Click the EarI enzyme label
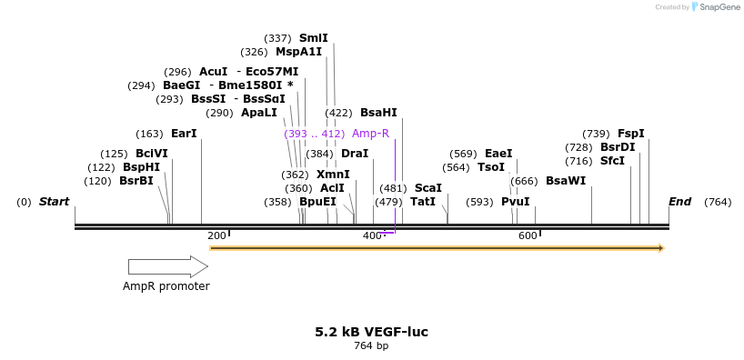(x=184, y=134)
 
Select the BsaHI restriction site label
(x=378, y=113)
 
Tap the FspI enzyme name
(x=630, y=134)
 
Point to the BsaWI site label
(x=566, y=181)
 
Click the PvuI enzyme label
(x=515, y=202)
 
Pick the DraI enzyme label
(x=355, y=154)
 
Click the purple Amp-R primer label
(x=370, y=134)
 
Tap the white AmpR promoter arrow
(x=167, y=266)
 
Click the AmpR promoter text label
(x=166, y=286)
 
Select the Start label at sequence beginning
(x=54, y=202)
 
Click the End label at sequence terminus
(x=679, y=202)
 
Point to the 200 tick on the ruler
(x=216, y=236)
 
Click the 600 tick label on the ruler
(x=528, y=236)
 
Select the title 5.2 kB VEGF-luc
(x=371, y=332)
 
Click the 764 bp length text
(x=371, y=346)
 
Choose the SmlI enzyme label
(x=313, y=38)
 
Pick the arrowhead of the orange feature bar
(x=661, y=247)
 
